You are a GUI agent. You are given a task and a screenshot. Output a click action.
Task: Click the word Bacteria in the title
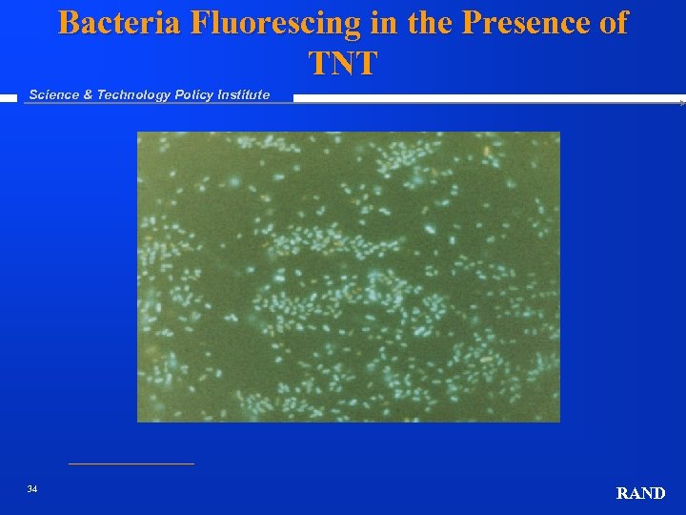pos(120,23)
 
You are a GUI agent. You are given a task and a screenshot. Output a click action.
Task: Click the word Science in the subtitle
pos(54,94)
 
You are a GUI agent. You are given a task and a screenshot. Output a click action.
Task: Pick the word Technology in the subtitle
pos(133,94)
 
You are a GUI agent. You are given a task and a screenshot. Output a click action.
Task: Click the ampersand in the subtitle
pos(89,94)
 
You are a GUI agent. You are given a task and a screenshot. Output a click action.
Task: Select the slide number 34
pos(32,489)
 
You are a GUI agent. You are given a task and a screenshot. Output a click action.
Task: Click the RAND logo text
pos(640,493)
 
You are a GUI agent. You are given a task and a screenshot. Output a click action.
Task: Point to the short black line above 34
pos(131,464)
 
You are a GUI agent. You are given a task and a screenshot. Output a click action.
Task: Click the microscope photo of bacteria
pos(349,277)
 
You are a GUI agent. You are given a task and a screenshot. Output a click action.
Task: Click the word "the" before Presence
pos(431,23)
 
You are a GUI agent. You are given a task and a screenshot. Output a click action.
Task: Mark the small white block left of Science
pos(9,96)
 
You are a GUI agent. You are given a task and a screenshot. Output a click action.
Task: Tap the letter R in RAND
pos(623,493)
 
